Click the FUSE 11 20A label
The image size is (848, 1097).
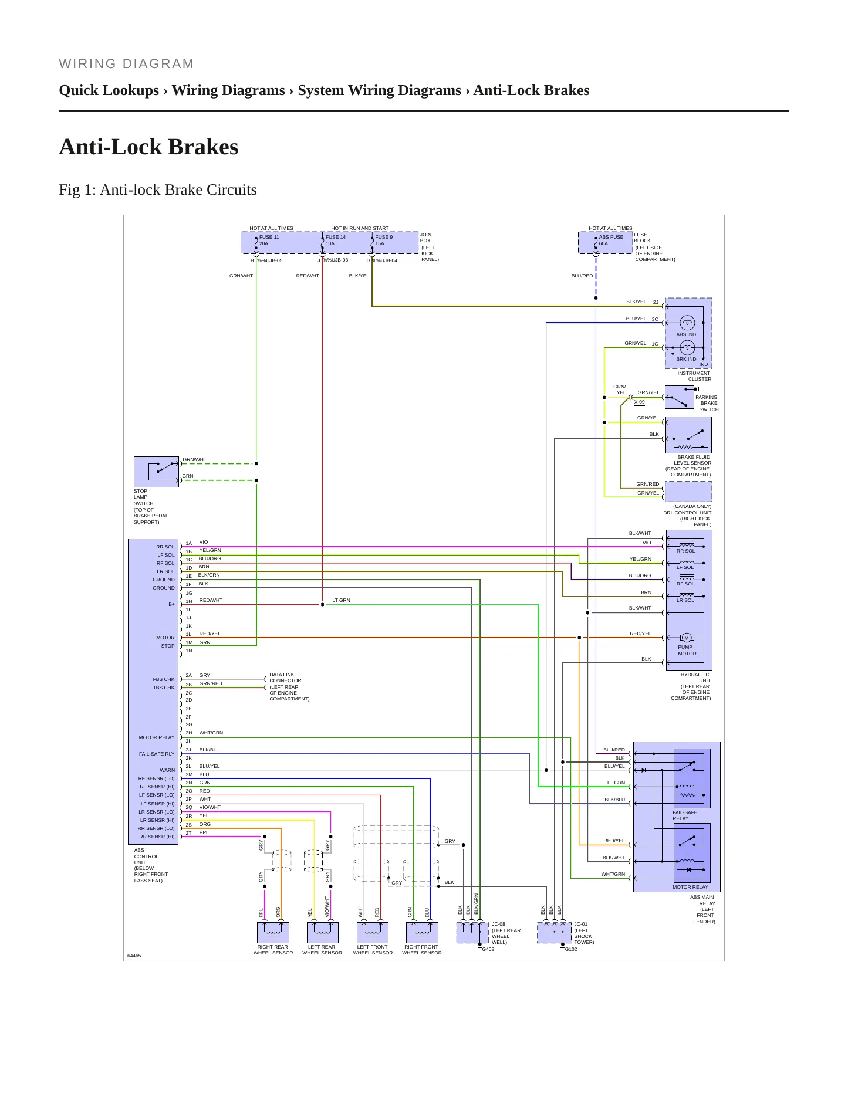click(x=269, y=241)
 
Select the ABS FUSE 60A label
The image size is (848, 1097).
click(x=611, y=241)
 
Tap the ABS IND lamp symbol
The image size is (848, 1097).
click(x=687, y=323)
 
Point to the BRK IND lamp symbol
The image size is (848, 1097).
click(x=687, y=348)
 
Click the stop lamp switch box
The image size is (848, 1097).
click(x=156, y=472)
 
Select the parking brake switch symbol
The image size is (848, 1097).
click(x=680, y=397)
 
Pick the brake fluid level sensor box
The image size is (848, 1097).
click(x=688, y=435)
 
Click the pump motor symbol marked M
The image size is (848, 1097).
click(x=687, y=638)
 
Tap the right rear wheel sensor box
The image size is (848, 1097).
click(x=273, y=932)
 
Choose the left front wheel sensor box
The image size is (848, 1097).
click(x=373, y=932)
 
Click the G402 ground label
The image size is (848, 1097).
click(x=488, y=949)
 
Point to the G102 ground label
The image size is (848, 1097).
click(x=571, y=949)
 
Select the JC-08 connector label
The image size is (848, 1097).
click(x=498, y=924)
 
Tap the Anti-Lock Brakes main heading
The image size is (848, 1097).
click(x=148, y=147)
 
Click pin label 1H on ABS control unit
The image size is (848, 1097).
click(x=189, y=601)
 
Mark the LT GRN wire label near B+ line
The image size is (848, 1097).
click(x=341, y=600)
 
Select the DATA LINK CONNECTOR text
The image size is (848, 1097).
click(x=285, y=678)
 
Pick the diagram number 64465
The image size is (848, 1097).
click(x=134, y=956)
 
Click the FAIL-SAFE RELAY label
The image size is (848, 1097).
click(x=685, y=815)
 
